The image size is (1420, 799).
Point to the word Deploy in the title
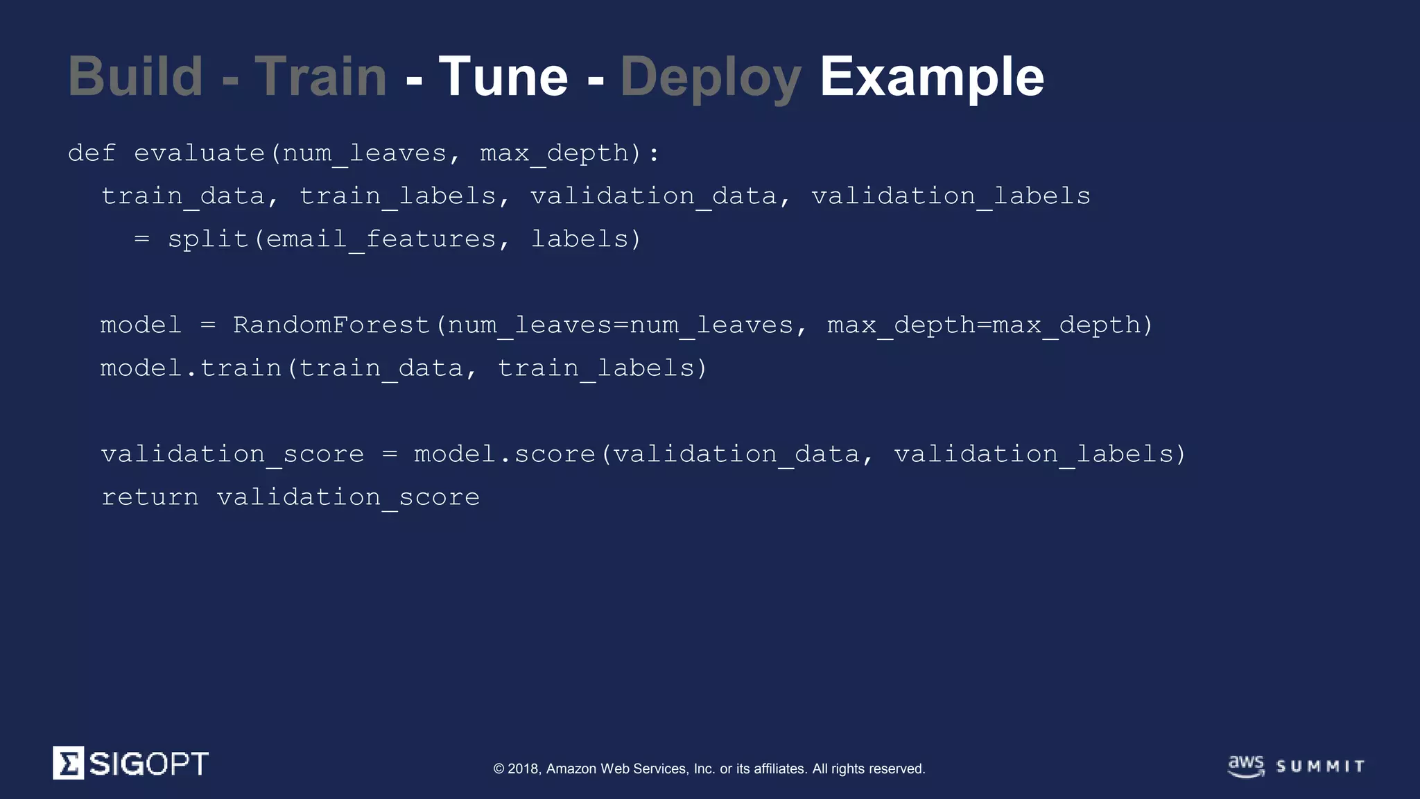(x=711, y=78)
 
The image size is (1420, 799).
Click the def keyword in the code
(x=92, y=153)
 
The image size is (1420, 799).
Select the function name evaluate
(x=200, y=153)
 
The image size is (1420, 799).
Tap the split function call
(x=208, y=239)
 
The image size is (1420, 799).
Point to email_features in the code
(x=381, y=239)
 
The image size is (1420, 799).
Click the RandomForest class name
(x=331, y=325)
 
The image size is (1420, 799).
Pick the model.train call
(x=191, y=368)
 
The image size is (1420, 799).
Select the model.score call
(x=505, y=454)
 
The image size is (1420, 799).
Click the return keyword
(x=150, y=497)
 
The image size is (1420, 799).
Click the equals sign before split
(x=141, y=239)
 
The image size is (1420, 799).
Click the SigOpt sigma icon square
(x=69, y=763)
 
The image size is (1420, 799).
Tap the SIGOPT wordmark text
(x=148, y=764)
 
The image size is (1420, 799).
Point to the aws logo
(x=1246, y=766)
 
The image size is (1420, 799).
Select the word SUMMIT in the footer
(x=1320, y=766)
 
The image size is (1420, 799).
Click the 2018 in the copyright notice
(x=523, y=768)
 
